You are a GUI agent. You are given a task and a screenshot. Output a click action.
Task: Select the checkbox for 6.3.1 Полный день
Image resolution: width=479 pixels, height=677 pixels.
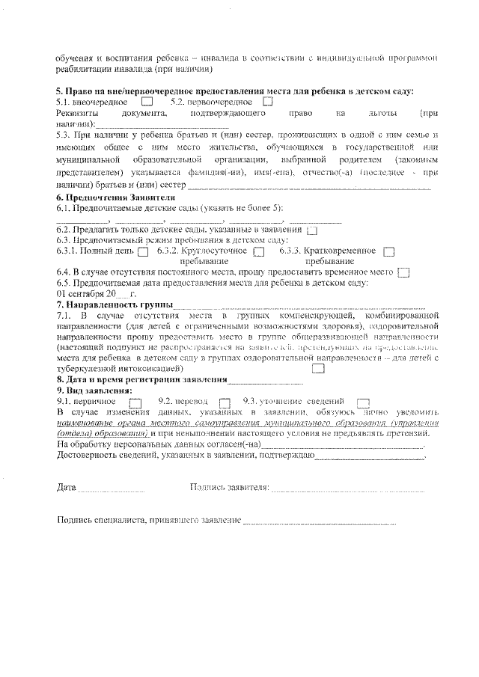(x=143, y=252)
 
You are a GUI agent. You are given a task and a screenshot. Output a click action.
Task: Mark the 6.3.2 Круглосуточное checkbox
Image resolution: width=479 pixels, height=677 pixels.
(x=259, y=252)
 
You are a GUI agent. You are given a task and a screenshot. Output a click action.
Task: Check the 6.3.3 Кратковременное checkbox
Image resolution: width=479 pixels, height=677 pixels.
(x=388, y=252)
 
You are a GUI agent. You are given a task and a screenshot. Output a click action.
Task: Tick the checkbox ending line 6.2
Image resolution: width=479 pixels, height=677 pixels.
(x=312, y=230)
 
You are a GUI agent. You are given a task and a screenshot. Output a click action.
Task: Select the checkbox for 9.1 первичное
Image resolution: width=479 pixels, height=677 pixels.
(x=135, y=402)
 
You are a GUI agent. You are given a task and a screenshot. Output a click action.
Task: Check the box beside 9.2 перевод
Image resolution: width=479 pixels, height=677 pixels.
(x=225, y=402)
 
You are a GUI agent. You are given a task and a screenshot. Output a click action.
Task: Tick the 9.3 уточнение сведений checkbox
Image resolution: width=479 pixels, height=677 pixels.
(x=364, y=402)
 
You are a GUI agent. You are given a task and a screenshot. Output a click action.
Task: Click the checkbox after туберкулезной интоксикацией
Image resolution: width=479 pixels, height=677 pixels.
(x=318, y=368)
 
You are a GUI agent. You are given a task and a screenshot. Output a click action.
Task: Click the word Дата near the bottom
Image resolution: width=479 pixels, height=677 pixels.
(x=67, y=488)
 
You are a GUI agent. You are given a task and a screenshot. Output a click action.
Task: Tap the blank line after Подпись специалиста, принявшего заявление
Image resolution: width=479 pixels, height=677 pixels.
(x=318, y=522)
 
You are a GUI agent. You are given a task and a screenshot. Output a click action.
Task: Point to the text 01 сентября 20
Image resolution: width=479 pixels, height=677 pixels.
(x=85, y=294)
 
